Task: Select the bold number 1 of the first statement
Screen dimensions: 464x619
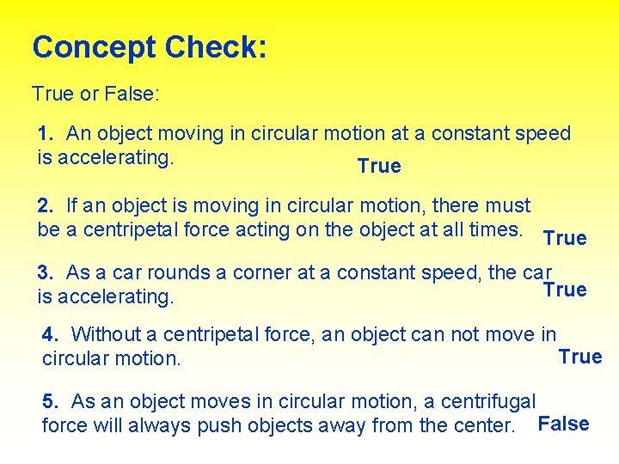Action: tap(45, 134)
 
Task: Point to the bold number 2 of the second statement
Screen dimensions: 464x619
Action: tap(45, 206)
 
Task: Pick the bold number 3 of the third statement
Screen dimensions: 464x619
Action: tap(45, 273)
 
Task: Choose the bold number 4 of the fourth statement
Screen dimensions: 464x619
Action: tap(50, 334)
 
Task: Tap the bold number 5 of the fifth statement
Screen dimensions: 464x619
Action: tap(50, 401)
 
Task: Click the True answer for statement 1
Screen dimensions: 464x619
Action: tap(379, 167)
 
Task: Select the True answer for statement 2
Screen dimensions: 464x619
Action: tap(565, 238)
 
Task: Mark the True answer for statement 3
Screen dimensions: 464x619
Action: tap(565, 290)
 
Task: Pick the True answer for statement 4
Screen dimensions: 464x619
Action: tap(580, 357)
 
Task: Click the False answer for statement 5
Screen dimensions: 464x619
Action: tap(563, 424)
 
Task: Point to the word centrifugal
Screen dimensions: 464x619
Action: tap(493, 401)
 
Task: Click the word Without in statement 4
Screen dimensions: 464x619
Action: tap(106, 334)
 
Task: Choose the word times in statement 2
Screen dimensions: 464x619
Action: tap(496, 230)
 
